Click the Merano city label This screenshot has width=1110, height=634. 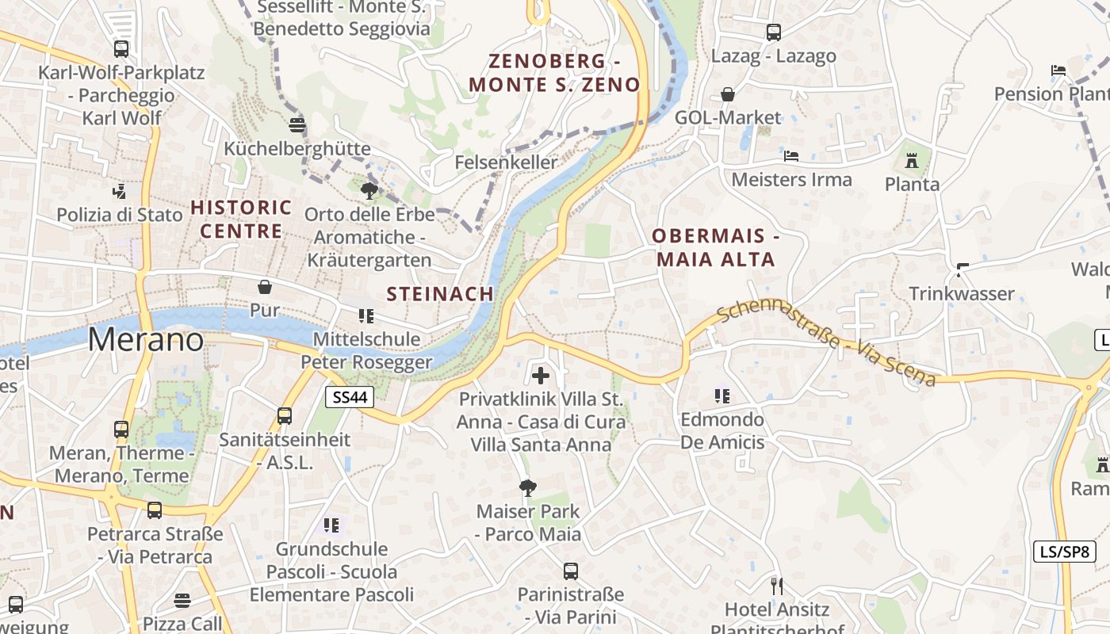pos(145,339)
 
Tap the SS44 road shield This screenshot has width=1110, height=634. pos(350,397)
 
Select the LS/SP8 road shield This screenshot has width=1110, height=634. pos(1064,552)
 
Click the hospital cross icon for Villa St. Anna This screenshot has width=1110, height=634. pos(541,375)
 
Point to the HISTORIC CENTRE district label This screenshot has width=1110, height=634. pos(241,219)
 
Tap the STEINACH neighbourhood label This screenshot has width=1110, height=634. pos(440,293)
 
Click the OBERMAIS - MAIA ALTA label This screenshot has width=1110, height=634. pos(715,247)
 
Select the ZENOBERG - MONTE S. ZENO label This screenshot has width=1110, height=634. pos(554,73)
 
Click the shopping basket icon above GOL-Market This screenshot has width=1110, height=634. pos(728,95)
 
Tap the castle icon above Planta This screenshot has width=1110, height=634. pos(912,162)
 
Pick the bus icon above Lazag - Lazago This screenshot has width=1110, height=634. pos(773,32)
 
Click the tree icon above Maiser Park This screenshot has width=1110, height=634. pos(527,487)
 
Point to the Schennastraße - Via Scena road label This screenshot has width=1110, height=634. pos(825,341)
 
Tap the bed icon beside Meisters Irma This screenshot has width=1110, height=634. pos(790,156)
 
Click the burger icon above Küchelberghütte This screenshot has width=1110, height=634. pos(297,124)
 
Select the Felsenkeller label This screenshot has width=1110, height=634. pos(506,162)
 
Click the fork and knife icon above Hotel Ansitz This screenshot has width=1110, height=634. pos(777,586)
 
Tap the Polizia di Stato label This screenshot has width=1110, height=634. pos(119,214)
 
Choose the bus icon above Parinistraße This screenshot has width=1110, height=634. pos(570,571)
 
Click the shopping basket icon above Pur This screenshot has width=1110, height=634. pos(264,287)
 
